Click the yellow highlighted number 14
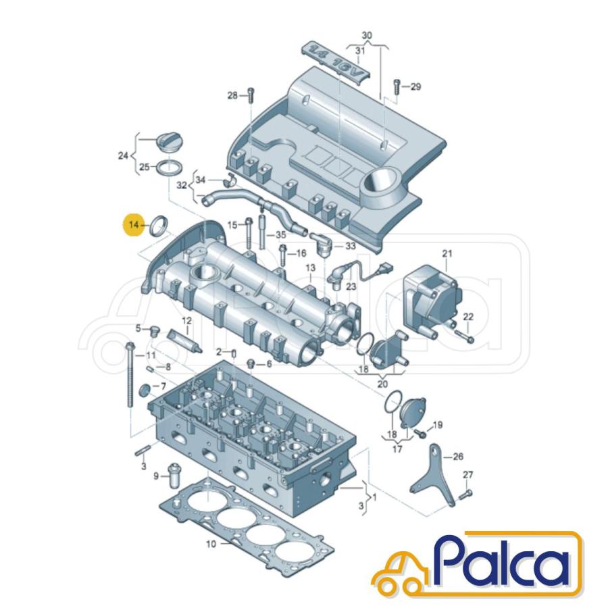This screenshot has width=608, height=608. coord(133,224)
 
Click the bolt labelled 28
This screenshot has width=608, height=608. coord(251,95)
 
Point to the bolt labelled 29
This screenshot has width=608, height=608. coord(397,86)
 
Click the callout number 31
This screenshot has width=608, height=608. coord(360,51)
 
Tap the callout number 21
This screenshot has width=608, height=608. coord(447,254)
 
